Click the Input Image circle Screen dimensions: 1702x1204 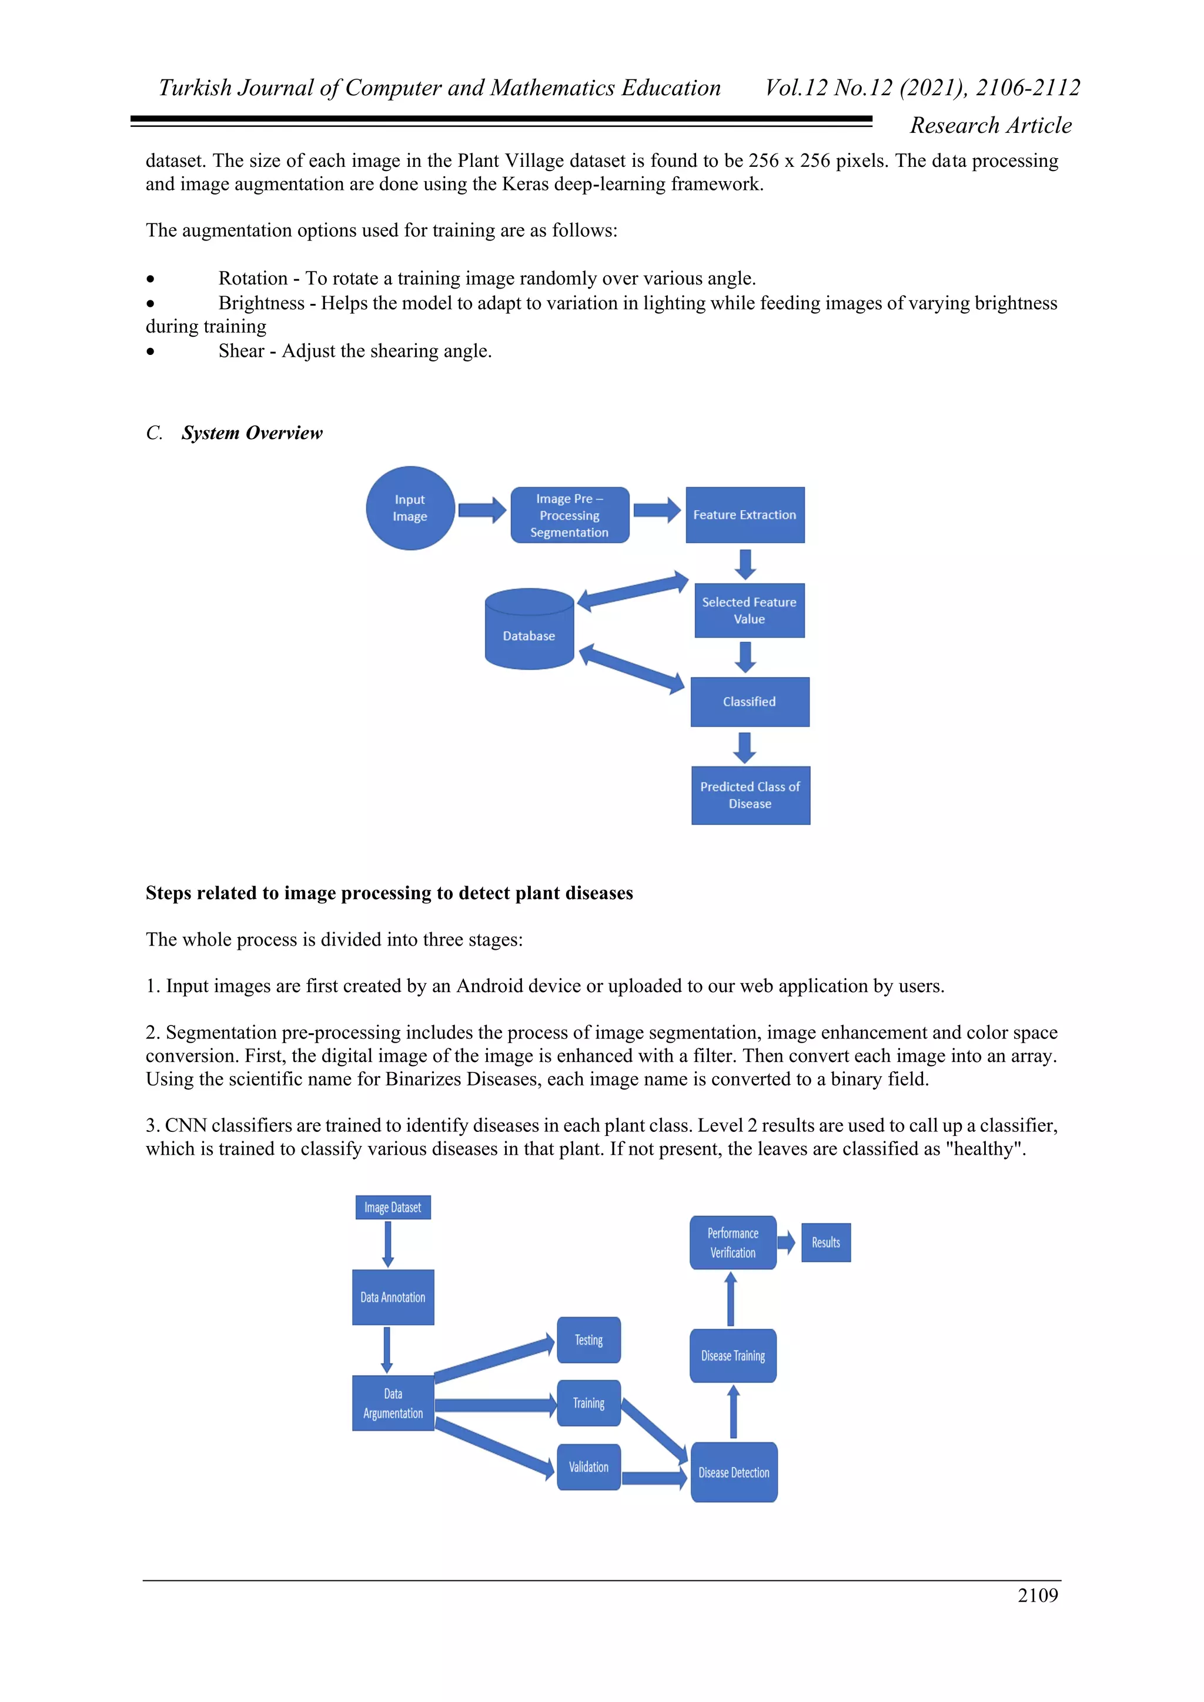click(x=410, y=508)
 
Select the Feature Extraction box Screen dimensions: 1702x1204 click(x=744, y=514)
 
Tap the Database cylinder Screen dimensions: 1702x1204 click(x=529, y=630)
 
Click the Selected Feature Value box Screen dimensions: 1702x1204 click(x=749, y=610)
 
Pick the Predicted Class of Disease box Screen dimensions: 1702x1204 click(x=750, y=795)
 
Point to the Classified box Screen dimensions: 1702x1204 click(x=749, y=701)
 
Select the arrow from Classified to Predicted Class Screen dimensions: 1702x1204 click(x=744, y=747)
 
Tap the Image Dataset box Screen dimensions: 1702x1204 click(x=392, y=1208)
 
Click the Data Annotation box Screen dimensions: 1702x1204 click(x=392, y=1297)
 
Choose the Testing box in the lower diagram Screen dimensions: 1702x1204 click(x=588, y=1339)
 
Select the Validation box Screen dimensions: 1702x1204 click(x=588, y=1467)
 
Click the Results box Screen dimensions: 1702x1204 click(x=825, y=1242)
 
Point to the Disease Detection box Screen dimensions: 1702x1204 click(x=733, y=1472)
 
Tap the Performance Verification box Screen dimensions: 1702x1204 click(x=733, y=1242)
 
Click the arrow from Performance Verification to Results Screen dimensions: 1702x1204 click(x=786, y=1242)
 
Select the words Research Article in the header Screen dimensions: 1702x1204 click(x=991, y=125)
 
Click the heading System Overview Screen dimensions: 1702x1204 click(x=252, y=433)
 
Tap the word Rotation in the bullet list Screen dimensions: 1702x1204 click(x=253, y=279)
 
